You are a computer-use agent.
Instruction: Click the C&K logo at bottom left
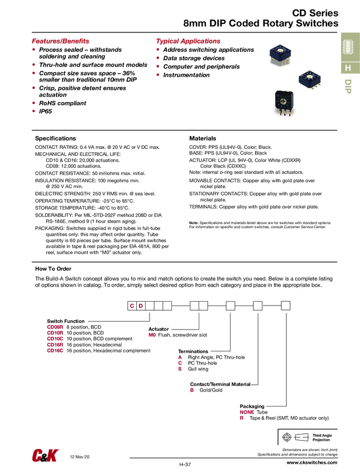click(x=45, y=456)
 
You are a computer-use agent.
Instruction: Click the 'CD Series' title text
click(x=315, y=12)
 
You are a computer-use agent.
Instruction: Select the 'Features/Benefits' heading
click(x=60, y=41)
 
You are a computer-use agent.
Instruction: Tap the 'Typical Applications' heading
click(x=188, y=41)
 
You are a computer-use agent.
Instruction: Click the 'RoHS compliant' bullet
click(x=63, y=103)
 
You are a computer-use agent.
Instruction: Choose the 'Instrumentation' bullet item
click(x=186, y=75)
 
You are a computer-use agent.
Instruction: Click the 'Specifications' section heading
click(x=55, y=138)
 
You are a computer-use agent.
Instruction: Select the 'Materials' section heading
click(x=203, y=138)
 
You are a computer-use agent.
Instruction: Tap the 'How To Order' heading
click(x=53, y=269)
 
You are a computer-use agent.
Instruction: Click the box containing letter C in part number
click(x=132, y=306)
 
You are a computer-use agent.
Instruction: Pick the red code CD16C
click(x=55, y=351)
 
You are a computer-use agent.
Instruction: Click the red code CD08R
click(x=55, y=327)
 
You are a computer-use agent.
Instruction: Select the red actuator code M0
click(x=152, y=335)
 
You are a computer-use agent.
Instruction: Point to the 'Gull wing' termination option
click(x=198, y=369)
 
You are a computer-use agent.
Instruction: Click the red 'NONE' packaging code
click(x=247, y=412)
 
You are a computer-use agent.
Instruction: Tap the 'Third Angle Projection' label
click(x=321, y=437)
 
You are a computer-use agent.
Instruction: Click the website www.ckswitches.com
click(x=312, y=463)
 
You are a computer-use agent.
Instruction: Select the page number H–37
click(x=185, y=465)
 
